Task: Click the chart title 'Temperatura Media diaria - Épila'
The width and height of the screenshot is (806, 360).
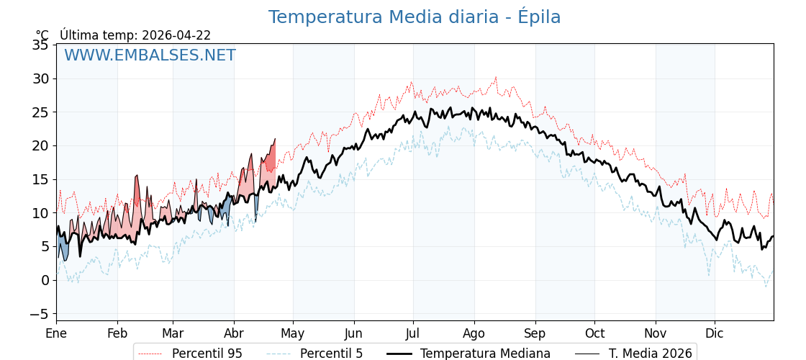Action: (x=415, y=17)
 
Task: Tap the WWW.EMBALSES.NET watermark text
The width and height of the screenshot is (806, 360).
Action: (x=150, y=55)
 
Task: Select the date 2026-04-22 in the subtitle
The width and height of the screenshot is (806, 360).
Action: (x=176, y=35)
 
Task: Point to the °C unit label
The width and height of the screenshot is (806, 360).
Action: (x=42, y=35)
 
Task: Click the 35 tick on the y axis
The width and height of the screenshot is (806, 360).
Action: (x=40, y=45)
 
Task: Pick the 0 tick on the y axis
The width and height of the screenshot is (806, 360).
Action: (x=45, y=280)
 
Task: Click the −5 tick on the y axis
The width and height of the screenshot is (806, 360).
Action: (x=39, y=314)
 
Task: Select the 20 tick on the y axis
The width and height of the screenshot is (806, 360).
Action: (x=40, y=145)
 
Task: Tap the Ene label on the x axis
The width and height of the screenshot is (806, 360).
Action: (x=56, y=334)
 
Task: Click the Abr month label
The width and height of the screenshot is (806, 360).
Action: (x=234, y=334)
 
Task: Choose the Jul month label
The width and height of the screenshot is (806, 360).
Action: (x=413, y=334)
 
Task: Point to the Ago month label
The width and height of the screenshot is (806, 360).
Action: (x=474, y=334)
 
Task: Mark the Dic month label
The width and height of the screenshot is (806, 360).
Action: (x=715, y=334)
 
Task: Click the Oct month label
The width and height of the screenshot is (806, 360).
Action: (x=594, y=334)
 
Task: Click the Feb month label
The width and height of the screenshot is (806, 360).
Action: (x=117, y=334)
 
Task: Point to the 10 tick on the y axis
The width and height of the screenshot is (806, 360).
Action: (x=40, y=213)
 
